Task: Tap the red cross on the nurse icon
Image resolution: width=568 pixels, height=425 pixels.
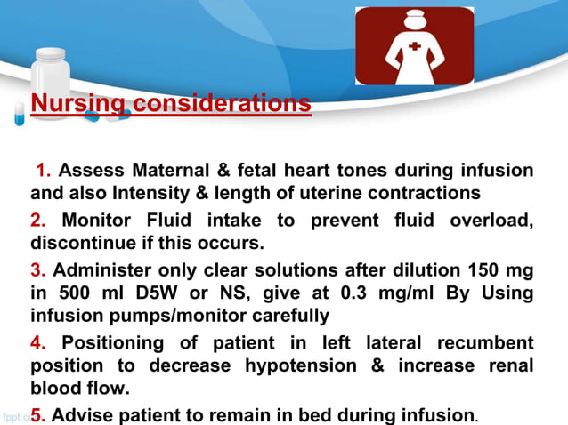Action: [416, 46]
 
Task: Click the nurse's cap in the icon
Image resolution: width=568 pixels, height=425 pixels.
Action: [415, 16]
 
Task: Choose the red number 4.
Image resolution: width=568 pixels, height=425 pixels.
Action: [37, 342]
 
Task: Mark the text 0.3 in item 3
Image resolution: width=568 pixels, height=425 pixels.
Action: [313, 293]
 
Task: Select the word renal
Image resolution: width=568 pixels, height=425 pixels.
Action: [507, 365]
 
